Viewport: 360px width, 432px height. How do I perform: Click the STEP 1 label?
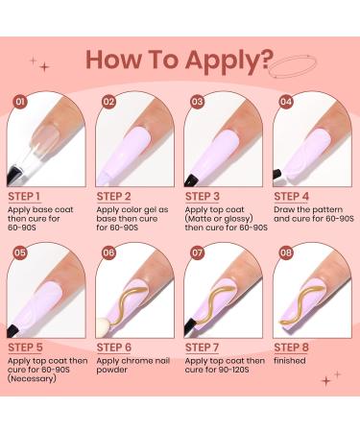(x=30, y=195)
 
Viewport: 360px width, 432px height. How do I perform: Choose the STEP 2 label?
(x=119, y=195)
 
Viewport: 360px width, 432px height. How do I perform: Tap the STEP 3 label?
(x=207, y=195)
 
